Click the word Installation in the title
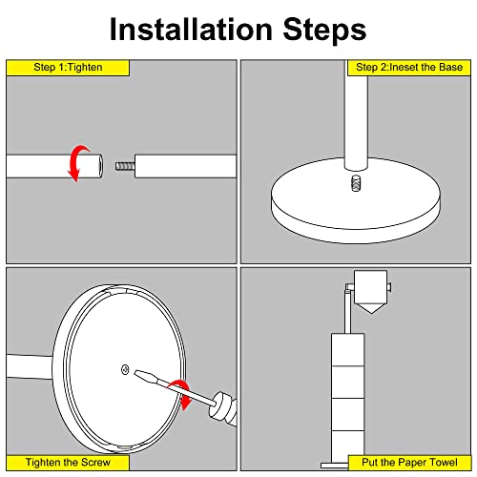click(x=191, y=30)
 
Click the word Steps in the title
click(x=324, y=31)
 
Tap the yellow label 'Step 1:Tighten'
click(x=68, y=68)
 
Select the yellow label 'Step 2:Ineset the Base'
click(x=409, y=68)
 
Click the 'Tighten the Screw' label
click(x=68, y=463)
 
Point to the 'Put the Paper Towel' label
click(x=409, y=463)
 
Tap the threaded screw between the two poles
click(x=125, y=166)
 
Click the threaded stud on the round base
click(x=356, y=183)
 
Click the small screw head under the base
click(x=125, y=369)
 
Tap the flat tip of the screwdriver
click(x=139, y=373)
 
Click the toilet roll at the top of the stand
click(x=370, y=287)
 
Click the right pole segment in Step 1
click(x=186, y=166)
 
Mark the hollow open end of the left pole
click(x=100, y=166)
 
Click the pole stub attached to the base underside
click(x=30, y=366)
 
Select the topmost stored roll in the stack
click(x=347, y=350)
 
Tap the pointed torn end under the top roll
click(x=370, y=308)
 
